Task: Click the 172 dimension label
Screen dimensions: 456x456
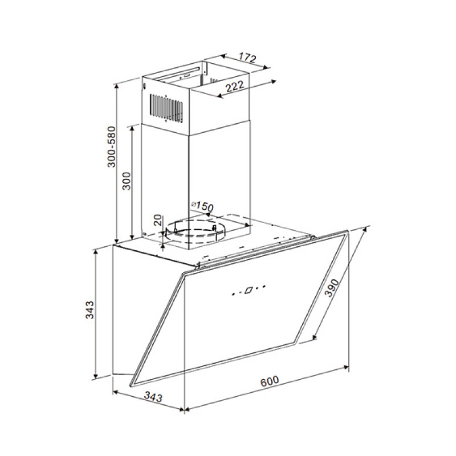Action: click(x=247, y=58)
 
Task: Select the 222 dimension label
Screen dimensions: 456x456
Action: click(x=235, y=87)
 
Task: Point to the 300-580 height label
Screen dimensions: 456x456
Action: click(x=111, y=147)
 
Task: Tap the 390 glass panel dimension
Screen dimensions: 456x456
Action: click(x=331, y=288)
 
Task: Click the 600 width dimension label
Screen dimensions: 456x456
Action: click(x=270, y=381)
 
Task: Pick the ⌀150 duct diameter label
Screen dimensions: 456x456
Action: click(x=202, y=206)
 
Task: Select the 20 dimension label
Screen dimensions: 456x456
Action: click(x=157, y=220)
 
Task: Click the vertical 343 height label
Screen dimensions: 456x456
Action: click(x=90, y=310)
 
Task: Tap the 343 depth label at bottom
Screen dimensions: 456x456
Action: click(x=153, y=397)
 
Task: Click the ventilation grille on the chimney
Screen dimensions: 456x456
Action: click(x=166, y=108)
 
